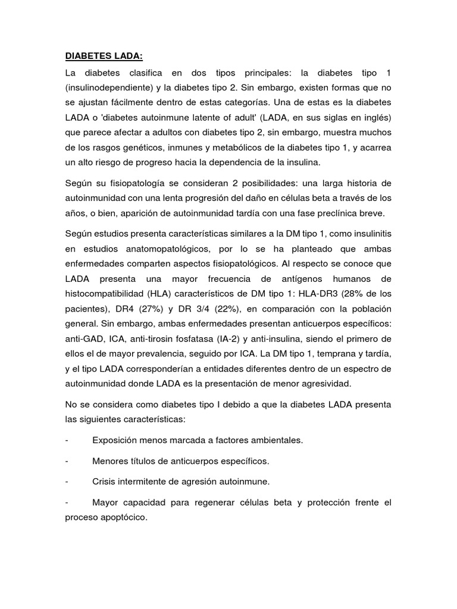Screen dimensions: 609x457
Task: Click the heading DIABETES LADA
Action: pyautogui.click(x=104, y=56)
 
